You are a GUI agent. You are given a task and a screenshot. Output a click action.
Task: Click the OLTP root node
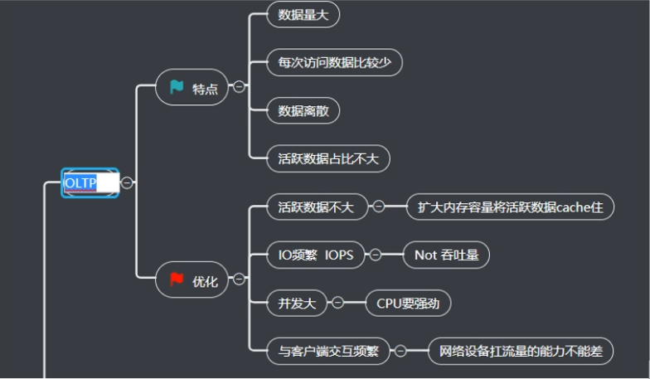(x=90, y=182)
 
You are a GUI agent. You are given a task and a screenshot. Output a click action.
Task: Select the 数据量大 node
(x=303, y=14)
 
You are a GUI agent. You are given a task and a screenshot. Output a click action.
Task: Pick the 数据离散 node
(x=303, y=110)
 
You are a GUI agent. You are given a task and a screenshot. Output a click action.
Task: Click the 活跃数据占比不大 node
(x=328, y=158)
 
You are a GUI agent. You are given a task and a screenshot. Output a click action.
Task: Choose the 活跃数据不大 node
(x=316, y=207)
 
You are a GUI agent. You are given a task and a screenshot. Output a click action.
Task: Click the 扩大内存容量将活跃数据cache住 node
(x=510, y=207)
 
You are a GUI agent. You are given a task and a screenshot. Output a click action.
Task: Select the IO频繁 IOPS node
(x=316, y=255)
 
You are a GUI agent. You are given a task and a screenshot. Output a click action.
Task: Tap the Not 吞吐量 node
(x=446, y=255)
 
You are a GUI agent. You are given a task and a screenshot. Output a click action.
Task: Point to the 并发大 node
(x=297, y=303)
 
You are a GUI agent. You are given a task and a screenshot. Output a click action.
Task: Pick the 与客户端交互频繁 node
(x=328, y=351)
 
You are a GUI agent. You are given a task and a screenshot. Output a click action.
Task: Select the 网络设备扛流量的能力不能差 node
(x=521, y=351)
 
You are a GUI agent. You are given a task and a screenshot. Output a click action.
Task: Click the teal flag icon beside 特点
(x=177, y=87)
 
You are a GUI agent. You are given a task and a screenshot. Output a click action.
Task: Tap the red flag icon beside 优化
(x=177, y=279)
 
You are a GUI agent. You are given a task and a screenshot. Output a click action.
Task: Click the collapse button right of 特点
(x=240, y=87)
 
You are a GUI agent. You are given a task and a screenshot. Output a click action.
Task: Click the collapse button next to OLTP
(x=128, y=182)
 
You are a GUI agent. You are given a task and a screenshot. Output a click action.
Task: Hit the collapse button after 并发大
(x=337, y=303)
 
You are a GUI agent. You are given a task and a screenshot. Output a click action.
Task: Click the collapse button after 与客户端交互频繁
(x=400, y=351)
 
